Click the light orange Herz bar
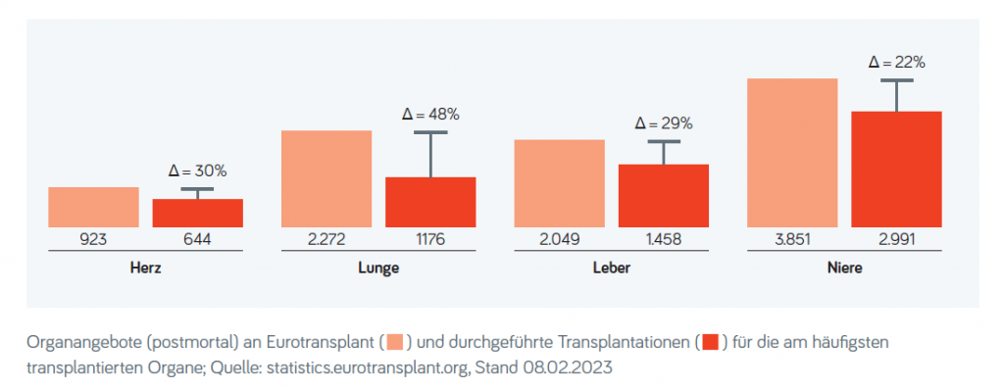coord(93,207)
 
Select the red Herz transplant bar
coord(197,213)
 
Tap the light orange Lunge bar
coord(326,178)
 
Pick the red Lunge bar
coord(430,202)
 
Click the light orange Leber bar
coord(559,183)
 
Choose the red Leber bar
coord(664,195)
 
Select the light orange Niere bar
coord(792,152)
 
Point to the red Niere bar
coord(896,169)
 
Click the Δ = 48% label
coord(430,115)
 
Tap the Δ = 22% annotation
coord(896,63)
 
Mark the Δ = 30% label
coord(197,171)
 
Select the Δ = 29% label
coord(664,124)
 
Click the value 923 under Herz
coord(93,239)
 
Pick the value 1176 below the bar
coord(430,239)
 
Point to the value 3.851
coord(792,239)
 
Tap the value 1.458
coord(664,239)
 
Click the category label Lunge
coord(378,267)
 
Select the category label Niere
coord(844,267)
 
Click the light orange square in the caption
coord(395,342)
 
